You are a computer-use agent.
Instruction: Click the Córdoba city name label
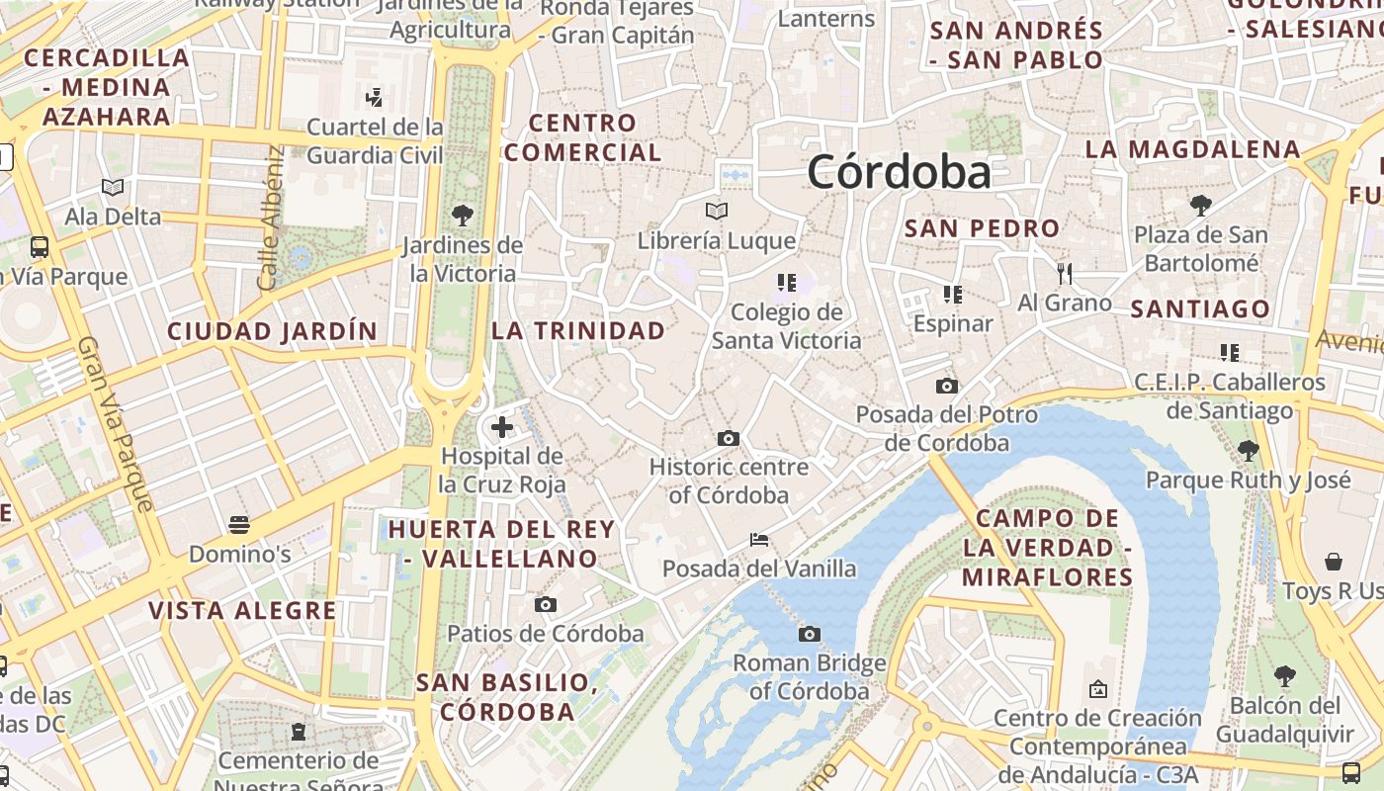click(x=899, y=173)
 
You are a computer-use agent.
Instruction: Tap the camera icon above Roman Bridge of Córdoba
click(x=810, y=634)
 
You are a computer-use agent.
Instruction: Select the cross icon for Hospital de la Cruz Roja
click(x=502, y=427)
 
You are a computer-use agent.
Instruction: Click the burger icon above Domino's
click(x=238, y=524)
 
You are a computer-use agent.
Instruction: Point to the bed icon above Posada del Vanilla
click(x=759, y=540)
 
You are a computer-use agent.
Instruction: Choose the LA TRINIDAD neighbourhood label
click(x=578, y=331)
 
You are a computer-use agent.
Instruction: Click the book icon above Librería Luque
click(x=717, y=211)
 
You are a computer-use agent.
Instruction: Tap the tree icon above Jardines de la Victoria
click(x=462, y=215)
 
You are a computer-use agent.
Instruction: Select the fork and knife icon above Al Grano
click(x=1065, y=273)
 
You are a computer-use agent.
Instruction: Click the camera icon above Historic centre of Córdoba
click(x=729, y=438)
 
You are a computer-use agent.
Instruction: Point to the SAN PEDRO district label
click(x=982, y=228)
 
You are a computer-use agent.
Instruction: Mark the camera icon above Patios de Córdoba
click(x=545, y=604)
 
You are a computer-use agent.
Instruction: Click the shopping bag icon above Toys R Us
click(x=1334, y=562)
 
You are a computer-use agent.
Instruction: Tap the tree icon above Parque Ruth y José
click(x=1248, y=451)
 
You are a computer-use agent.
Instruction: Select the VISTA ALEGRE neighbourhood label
click(x=242, y=610)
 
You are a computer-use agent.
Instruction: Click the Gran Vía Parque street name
click(x=116, y=424)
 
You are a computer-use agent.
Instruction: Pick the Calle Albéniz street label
click(x=269, y=219)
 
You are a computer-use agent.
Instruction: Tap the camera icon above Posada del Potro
click(x=946, y=386)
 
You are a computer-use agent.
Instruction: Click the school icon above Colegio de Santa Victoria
click(x=787, y=283)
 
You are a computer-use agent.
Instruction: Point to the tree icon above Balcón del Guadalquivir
click(x=1284, y=676)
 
